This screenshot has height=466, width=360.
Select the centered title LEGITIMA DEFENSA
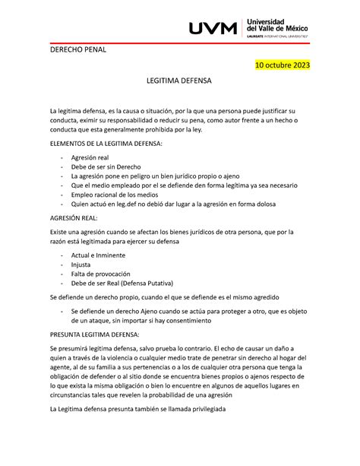[x=180, y=80]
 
